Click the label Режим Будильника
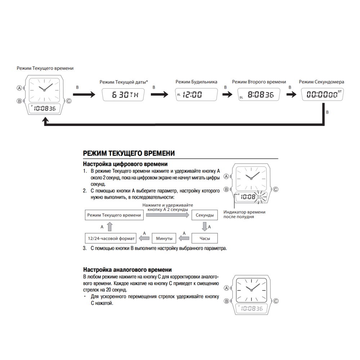tap(196, 82)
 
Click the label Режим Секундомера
tap(321, 82)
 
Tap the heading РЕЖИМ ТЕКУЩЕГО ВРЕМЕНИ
tap(129, 154)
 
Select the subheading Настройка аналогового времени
tap(127, 270)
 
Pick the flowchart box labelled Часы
tap(204, 238)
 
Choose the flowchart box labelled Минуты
tap(164, 238)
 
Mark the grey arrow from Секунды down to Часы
tap(204, 227)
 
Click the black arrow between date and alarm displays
tap(159, 95)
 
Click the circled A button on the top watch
tap(19, 88)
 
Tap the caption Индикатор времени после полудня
tap(244, 214)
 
